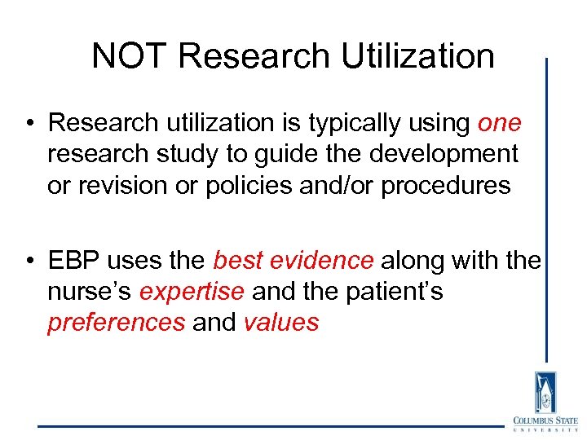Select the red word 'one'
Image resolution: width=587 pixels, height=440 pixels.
click(499, 123)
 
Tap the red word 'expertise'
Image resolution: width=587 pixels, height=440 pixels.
click(192, 292)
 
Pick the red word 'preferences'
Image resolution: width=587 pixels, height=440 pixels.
click(117, 323)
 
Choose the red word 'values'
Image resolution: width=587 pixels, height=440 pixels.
click(281, 323)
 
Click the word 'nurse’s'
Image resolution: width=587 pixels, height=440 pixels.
click(90, 292)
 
